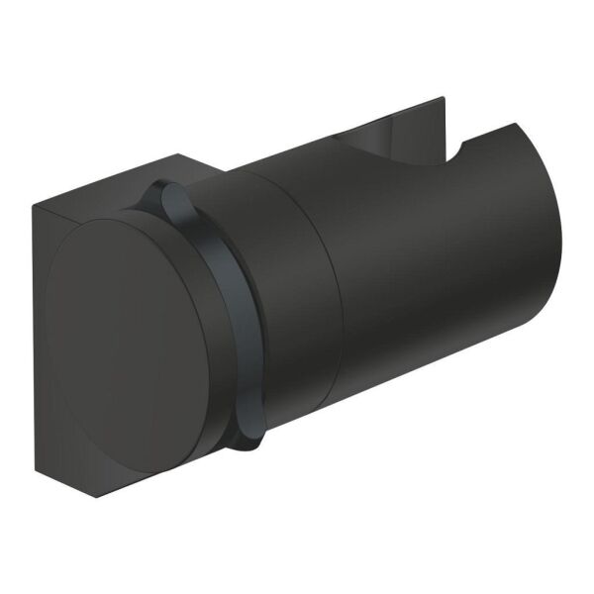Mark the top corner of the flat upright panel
coord(441,98)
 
